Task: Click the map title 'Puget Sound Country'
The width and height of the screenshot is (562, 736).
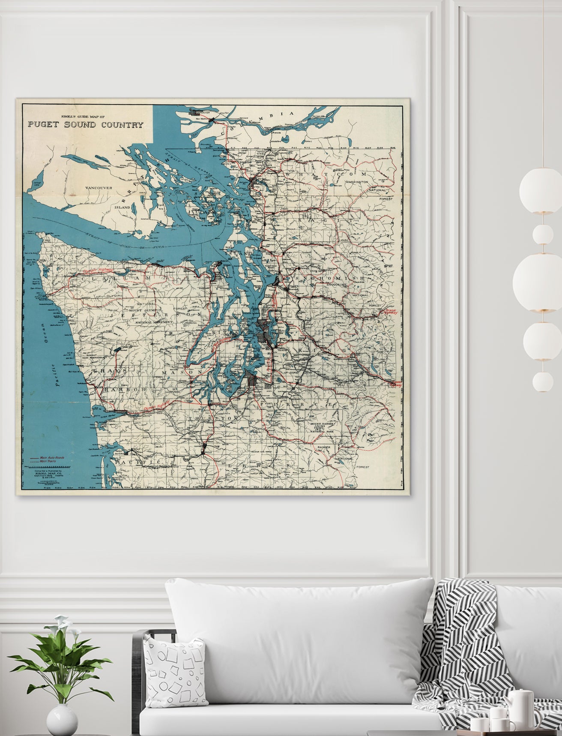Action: coord(86,125)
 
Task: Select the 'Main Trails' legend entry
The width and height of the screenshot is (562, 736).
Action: coord(49,462)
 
